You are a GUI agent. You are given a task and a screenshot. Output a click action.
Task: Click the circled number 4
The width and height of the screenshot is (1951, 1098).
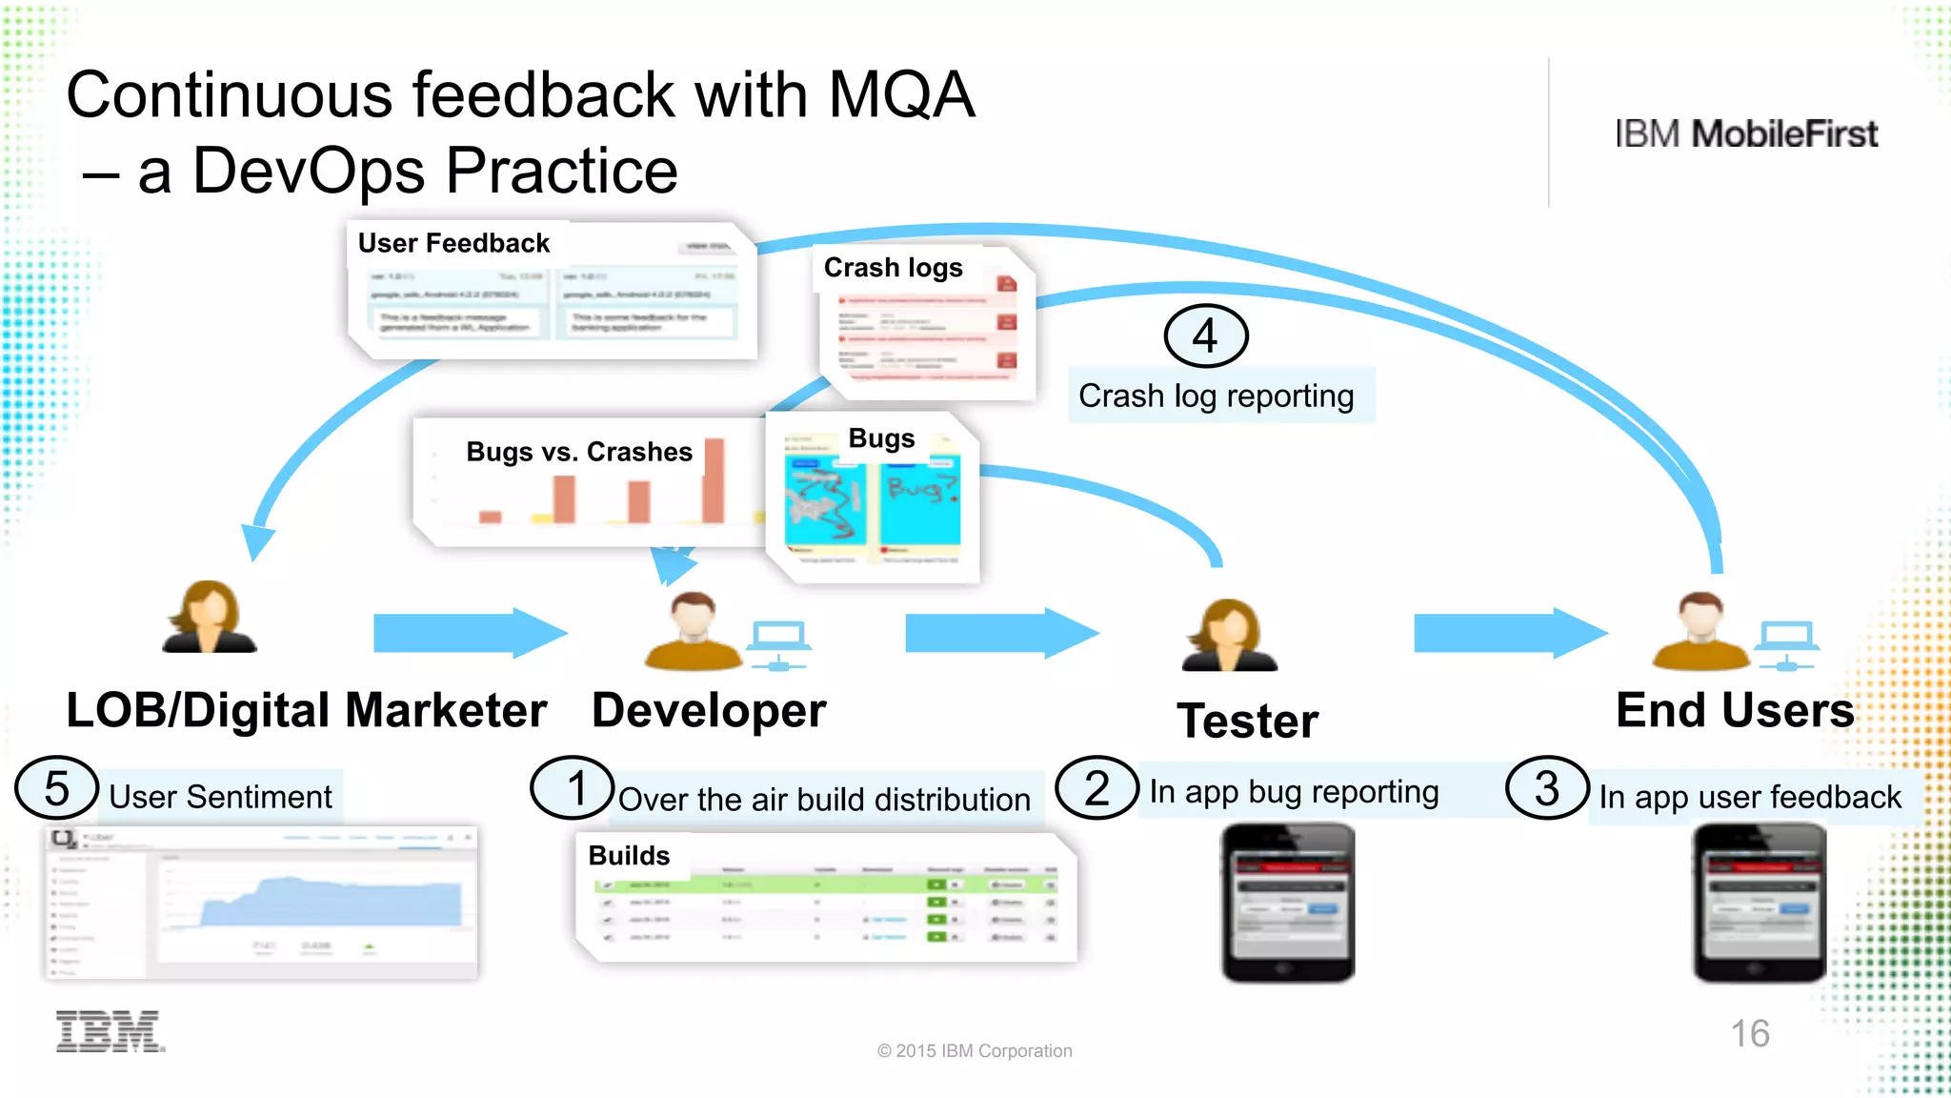click(1205, 336)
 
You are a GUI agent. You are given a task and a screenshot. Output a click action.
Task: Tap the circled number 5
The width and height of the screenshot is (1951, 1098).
click(57, 788)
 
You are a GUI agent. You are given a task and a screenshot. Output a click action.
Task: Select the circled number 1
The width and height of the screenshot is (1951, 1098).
click(573, 788)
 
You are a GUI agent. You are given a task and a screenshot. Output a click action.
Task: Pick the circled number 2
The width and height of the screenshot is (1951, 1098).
click(1096, 788)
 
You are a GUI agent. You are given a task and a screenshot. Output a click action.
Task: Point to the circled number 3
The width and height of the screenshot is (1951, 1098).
click(1547, 788)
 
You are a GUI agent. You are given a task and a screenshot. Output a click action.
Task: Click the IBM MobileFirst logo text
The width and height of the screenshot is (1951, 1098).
click(1745, 134)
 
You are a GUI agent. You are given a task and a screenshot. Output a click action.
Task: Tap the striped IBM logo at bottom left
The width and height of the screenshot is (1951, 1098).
click(110, 1031)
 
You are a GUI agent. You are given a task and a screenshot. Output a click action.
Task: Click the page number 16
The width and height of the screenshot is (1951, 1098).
click(1749, 1033)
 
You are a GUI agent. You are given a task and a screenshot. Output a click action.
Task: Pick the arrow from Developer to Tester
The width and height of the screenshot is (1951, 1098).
click(1000, 633)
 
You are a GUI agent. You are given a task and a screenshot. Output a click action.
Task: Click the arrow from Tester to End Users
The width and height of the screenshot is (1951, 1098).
click(1510, 633)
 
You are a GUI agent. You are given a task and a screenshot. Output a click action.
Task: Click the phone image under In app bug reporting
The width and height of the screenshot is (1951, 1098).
click(1288, 903)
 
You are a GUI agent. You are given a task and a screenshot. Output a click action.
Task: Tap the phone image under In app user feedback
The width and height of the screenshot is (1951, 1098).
click(1759, 903)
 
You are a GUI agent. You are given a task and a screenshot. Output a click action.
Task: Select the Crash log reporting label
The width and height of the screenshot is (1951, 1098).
click(1216, 396)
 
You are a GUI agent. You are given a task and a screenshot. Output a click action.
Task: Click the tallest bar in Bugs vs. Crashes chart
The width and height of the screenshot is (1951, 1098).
click(714, 480)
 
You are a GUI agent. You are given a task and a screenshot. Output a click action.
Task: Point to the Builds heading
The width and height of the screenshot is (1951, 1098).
click(629, 855)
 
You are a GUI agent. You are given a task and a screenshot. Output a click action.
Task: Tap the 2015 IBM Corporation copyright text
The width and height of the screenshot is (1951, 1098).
click(975, 1050)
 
